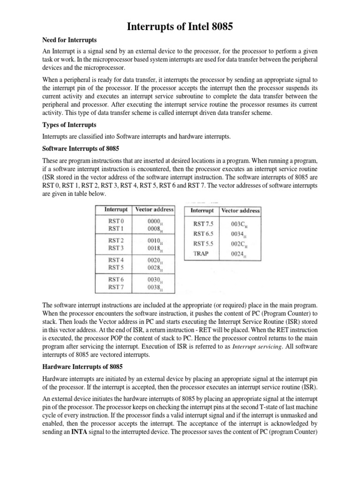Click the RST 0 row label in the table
tap(116, 221)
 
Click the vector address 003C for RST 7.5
tap(240, 224)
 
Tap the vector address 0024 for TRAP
tap(239, 255)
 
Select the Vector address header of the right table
tap(240, 211)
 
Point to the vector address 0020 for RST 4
tap(154, 259)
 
